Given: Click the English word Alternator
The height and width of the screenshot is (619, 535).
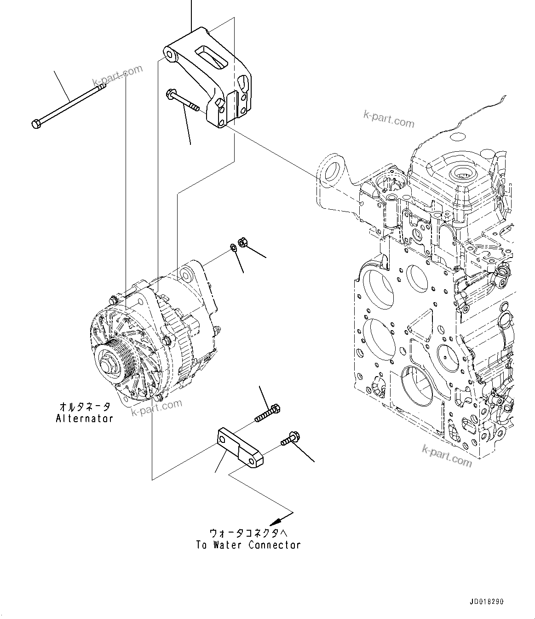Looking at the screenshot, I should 85,418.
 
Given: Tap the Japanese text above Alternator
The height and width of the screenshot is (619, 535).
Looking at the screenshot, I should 85,407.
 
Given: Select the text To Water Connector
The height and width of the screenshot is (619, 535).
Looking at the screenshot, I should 248,545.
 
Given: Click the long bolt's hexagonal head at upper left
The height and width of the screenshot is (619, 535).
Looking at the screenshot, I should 36,123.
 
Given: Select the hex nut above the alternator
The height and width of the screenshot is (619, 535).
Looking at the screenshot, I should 242,242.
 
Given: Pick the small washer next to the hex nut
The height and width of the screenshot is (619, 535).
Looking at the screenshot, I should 233,248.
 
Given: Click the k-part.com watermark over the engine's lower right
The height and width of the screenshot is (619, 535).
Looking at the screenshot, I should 447,455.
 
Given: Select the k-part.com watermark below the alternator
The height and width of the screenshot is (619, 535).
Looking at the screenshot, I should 156,407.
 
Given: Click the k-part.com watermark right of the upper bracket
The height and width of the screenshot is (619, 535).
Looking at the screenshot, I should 388,120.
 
